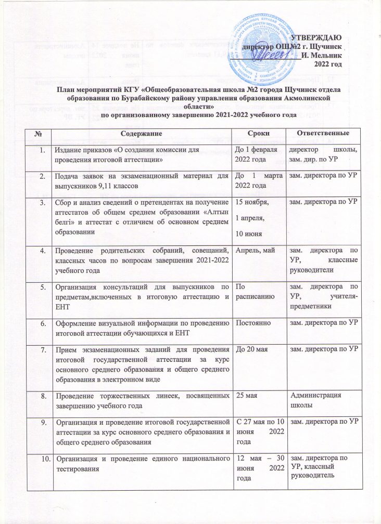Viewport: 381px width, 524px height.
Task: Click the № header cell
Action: (38, 134)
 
